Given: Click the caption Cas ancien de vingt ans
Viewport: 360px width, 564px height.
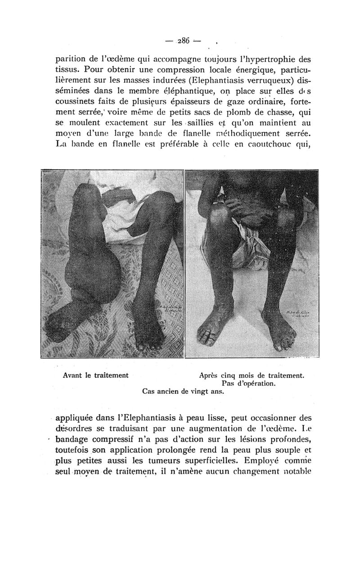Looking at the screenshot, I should point(183,392).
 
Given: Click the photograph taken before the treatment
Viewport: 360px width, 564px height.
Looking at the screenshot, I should point(112,264).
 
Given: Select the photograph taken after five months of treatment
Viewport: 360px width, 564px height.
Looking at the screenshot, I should point(252,264).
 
